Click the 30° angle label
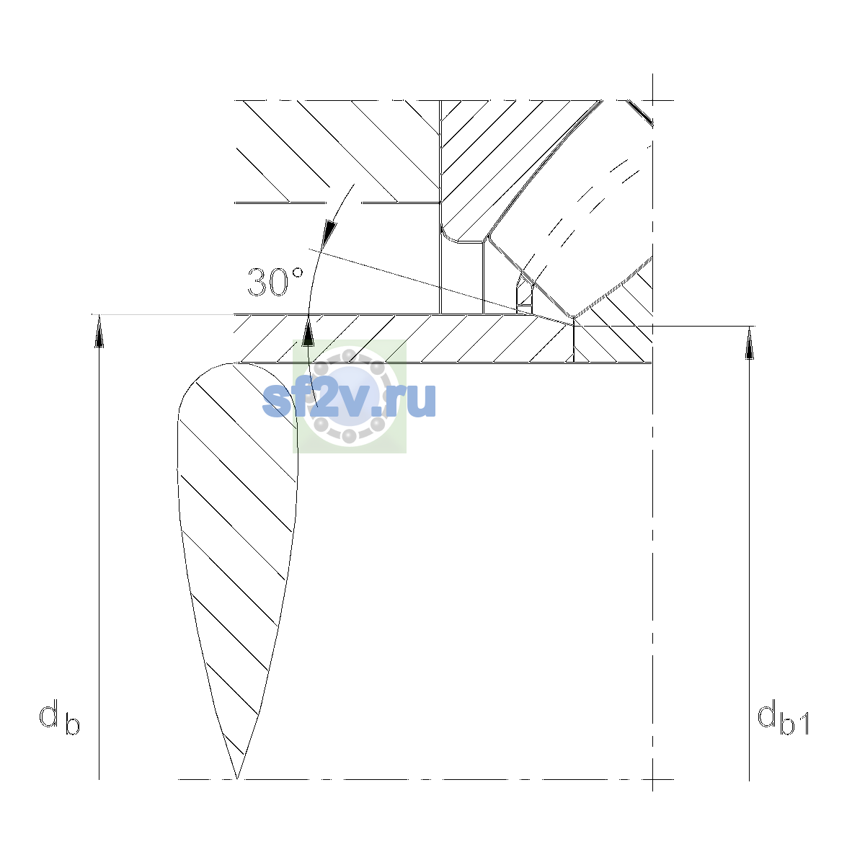pos(275,283)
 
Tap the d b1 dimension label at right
pos(784,719)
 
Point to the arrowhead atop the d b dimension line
pos(99,331)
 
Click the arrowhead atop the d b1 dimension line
pos(749,343)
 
